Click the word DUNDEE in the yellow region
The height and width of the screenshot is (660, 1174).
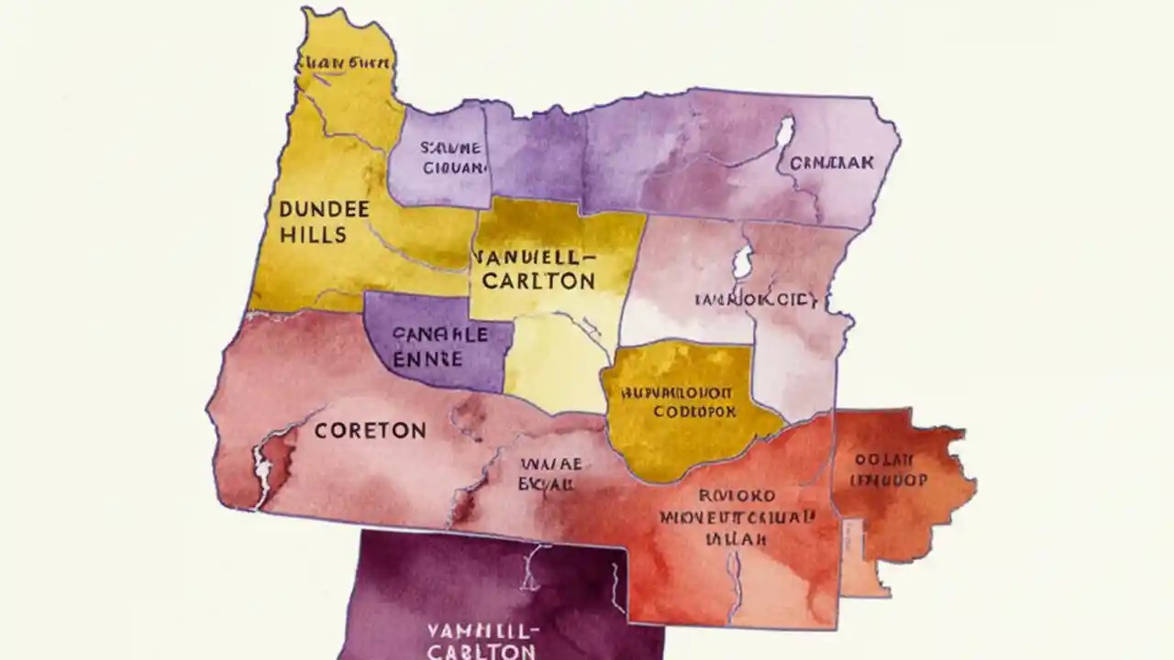(x=323, y=209)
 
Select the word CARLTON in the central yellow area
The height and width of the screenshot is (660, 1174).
(x=538, y=281)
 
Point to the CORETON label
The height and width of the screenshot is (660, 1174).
(x=370, y=430)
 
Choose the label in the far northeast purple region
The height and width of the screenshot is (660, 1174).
(x=831, y=162)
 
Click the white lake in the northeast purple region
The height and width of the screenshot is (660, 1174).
(x=784, y=134)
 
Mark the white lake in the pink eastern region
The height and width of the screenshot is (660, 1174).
(x=742, y=262)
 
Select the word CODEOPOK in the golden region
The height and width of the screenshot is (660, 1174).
(x=694, y=412)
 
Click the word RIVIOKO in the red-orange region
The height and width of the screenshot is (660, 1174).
(x=733, y=496)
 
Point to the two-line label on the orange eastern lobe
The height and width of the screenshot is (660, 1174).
(x=889, y=469)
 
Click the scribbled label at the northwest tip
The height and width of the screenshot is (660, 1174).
(x=346, y=63)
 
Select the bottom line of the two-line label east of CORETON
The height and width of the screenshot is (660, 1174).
(x=548, y=483)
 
